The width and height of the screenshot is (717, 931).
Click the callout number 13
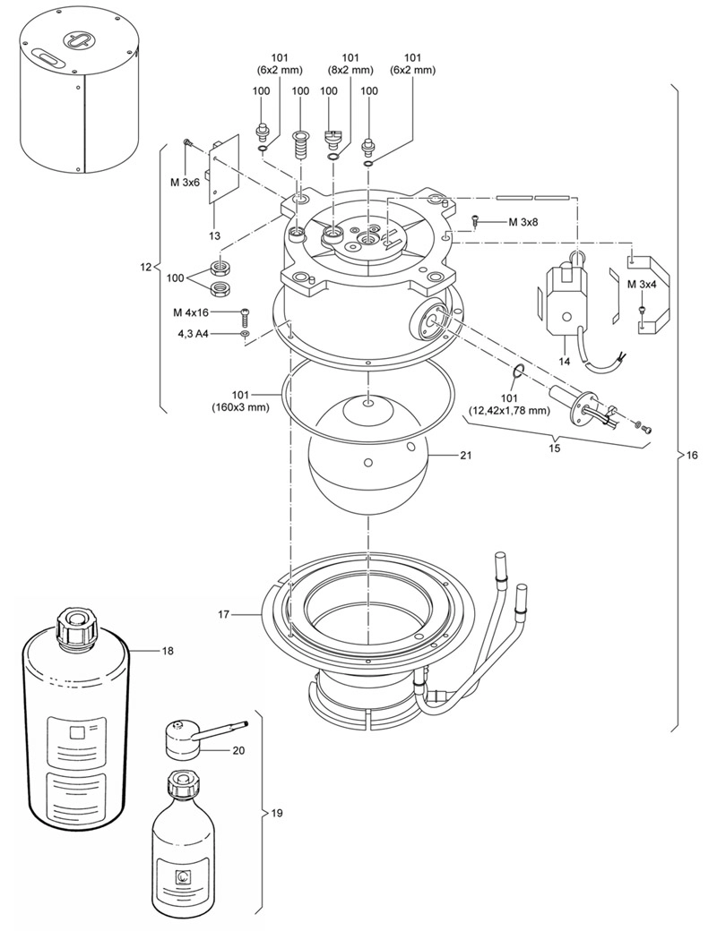coord(214,236)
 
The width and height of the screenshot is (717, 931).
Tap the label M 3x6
coord(185,183)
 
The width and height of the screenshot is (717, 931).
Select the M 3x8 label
coord(523,222)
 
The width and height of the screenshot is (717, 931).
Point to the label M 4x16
coord(191,312)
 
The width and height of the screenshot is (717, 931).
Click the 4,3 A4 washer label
coord(193,334)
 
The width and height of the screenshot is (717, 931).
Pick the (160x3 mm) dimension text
coord(240,408)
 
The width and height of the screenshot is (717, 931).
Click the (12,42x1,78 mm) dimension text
coord(509,411)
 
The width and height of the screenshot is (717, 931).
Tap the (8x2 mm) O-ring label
coord(350,70)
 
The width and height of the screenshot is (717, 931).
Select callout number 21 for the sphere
coord(465,456)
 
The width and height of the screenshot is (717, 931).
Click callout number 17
coord(223,614)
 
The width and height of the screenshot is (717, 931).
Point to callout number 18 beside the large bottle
coord(168,651)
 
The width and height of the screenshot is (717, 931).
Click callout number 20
coord(238,750)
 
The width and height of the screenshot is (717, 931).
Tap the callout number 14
coord(565,362)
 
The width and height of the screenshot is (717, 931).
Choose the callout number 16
coord(692,456)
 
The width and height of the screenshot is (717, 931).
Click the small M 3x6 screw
coord(187,142)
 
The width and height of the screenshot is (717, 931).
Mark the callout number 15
coord(554,448)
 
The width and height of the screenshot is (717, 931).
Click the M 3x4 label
coord(642,284)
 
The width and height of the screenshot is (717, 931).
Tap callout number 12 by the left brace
coord(146,267)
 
